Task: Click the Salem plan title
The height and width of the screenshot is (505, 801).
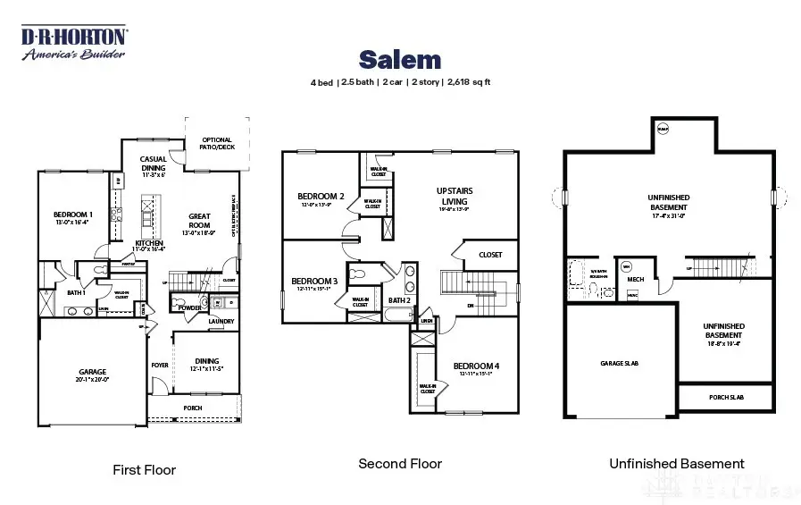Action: [x=400, y=60]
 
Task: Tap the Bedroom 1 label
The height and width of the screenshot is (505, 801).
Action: [x=72, y=215]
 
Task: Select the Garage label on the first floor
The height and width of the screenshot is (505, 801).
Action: [x=92, y=372]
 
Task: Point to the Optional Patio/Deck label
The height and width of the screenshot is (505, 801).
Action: [x=217, y=143]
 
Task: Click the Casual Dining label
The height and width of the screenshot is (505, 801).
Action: [x=153, y=163]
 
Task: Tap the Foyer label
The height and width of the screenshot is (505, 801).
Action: [x=160, y=365]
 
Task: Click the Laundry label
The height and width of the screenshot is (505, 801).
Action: [x=221, y=322]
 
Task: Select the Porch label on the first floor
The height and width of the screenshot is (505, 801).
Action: [x=192, y=408]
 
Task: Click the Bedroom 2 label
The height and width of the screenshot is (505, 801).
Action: [x=321, y=197]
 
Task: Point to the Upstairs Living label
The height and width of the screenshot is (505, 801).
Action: [x=455, y=196]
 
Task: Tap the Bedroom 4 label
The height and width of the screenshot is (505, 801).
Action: [x=476, y=366]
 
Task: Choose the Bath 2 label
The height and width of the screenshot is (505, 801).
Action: [x=398, y=300]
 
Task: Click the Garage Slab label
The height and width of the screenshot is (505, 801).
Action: [x=619, y=364]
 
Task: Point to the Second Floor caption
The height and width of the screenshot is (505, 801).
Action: [x=400, y=463]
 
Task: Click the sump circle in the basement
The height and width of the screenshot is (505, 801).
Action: [x=663, y=130]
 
